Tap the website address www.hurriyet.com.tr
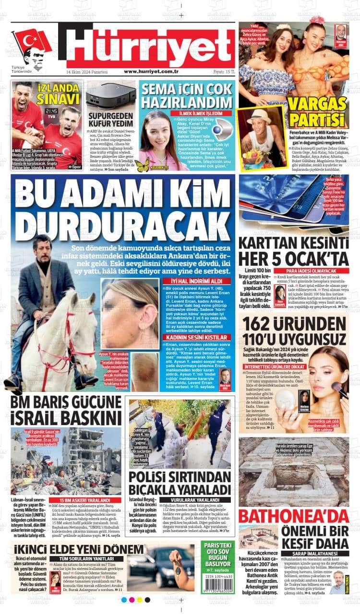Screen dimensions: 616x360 tap(151, 71)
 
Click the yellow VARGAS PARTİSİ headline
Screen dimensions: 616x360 tap(317, 111)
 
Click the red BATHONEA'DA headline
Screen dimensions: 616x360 tap(293, 516)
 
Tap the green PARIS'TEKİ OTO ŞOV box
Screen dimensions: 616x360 tap(218, 557)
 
